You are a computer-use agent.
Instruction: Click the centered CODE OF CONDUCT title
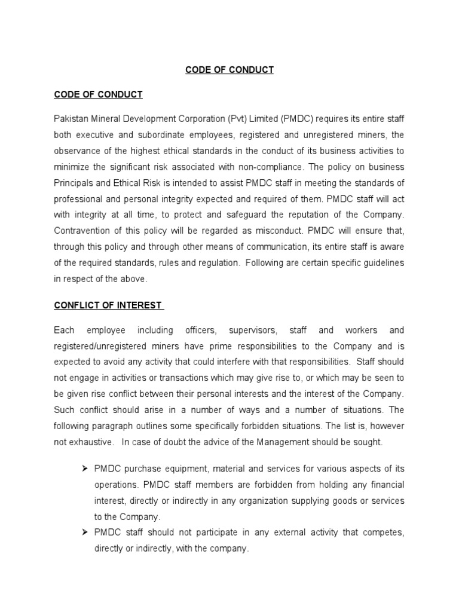[229, 70]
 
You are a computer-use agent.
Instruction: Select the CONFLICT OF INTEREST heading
[108, 305]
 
